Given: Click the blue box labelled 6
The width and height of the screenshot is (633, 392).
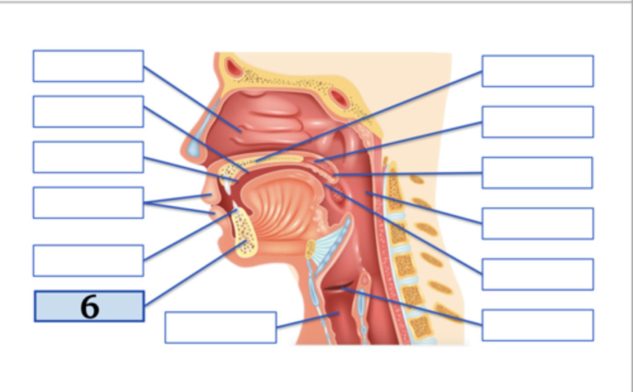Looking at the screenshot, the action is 89,306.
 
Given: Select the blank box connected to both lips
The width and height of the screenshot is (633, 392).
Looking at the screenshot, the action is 88,203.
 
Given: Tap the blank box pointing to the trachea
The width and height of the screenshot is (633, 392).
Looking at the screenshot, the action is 220,327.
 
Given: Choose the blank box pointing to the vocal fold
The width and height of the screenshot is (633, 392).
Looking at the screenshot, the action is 538,325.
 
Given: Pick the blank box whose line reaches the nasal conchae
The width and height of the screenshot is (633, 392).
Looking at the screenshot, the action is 88,66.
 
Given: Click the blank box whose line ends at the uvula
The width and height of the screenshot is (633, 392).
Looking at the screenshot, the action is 537,173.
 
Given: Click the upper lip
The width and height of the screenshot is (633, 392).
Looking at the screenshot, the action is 207,196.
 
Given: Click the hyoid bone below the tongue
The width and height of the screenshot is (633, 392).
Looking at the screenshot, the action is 311,250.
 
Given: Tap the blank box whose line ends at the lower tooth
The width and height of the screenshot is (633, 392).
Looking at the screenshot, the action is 88,261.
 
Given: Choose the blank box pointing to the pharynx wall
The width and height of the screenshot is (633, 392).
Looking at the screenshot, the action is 538,224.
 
